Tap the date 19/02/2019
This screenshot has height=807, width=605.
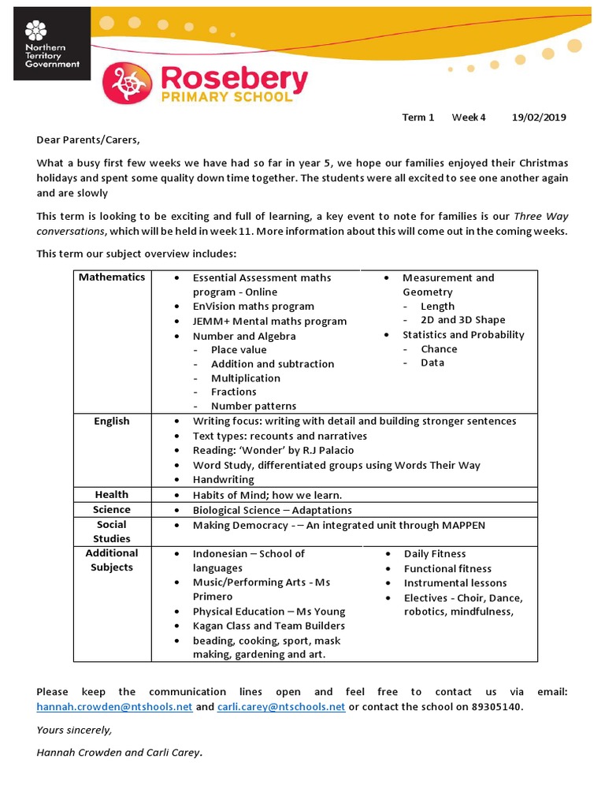539,117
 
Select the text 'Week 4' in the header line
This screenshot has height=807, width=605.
469,117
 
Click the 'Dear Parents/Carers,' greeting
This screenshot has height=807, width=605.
87,140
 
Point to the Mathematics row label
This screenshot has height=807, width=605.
112,277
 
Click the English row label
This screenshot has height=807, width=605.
112,421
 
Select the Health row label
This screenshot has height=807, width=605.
112,494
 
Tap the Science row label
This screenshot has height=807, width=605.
112,509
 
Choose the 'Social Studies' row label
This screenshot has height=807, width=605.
112,531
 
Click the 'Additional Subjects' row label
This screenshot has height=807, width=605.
112,560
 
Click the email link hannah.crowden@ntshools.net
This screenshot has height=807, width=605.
114,707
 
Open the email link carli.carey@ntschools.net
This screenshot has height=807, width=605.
281,707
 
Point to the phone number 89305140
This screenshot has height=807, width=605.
497,707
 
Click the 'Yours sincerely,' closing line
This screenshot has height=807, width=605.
74,730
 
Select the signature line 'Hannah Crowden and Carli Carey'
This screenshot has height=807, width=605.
118,753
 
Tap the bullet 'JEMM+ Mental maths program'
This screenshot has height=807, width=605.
269,321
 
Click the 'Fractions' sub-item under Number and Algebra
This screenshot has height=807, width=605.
233,392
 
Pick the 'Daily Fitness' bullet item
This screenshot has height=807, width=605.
435,554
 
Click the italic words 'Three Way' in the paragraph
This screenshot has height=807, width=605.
540,216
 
